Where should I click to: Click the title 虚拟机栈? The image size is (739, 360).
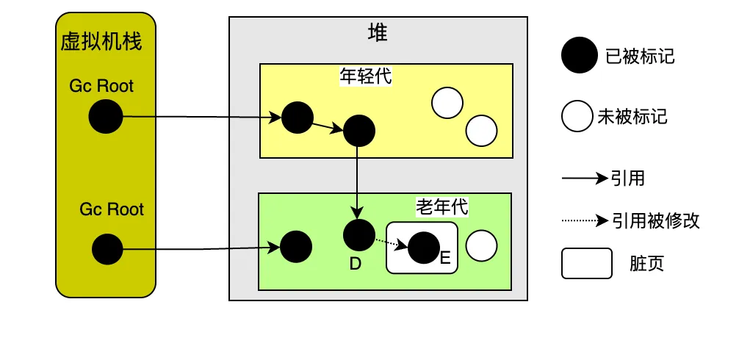pyautogui.click(x=101, y=42)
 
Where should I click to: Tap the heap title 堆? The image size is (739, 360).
pyautogui.click(x=378, y=33)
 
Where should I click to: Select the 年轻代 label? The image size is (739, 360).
pyautogui.click(x=366, y=76)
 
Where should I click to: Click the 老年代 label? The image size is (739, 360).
pyautogui.click(x=442, y=206)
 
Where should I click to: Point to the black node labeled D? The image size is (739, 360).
pyautogui.click(x=359, y=234)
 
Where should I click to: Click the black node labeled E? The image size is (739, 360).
pyautogui.click(x=424, y=248)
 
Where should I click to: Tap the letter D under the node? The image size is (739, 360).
pyautogui.click(x=356, y=264)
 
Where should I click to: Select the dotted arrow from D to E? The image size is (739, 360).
pyautogui.click(x=392, y=242)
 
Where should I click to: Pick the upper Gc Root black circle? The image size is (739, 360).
pyautogui.click(x=106, y=116)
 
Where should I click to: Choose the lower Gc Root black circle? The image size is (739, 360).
pyautogui.click(x=107, y=249)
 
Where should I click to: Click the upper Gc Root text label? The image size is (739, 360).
pyautogui.click(x=101, y=86)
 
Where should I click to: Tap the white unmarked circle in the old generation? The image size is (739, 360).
pyautogui.click(x=481, y=245)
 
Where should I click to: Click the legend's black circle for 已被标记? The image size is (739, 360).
pyautogui.click(x=580, y=55)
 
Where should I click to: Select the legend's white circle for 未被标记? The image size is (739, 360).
pyautogui.click(x=577, y=115)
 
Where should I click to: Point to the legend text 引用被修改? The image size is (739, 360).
pyautogui.click(x=656, y=220)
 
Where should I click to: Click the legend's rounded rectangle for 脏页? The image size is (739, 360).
pyautogui.click(x=587, y=264)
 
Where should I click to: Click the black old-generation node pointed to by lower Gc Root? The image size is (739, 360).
pyautogui.click(x=296, y=246)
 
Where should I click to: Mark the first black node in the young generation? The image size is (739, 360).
pyautogui.click(x=298, y=118)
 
